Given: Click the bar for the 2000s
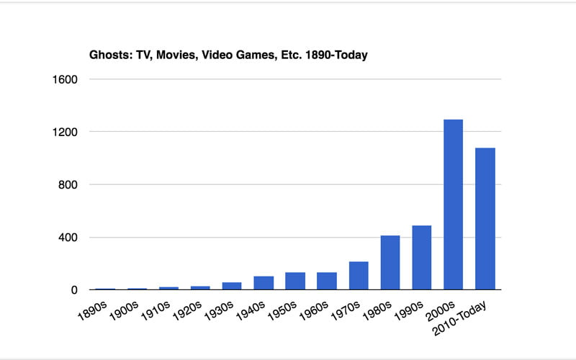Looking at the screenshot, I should (x=453, y=204).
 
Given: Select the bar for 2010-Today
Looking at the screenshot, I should (x=485, y=219).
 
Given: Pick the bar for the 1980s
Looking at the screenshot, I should (x=390, y=263).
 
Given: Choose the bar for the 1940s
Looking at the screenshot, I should (x=264, y=283).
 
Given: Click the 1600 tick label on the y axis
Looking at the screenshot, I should (x=65, y=79).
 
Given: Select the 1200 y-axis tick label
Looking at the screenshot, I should (x=65, y=132).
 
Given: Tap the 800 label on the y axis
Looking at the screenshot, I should (x=68, y=185).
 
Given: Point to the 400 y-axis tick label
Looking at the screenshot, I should (x=68, y=238).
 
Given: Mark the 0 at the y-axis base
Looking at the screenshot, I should (x=74, y=290).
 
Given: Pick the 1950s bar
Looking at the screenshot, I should (x=295, y=282).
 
